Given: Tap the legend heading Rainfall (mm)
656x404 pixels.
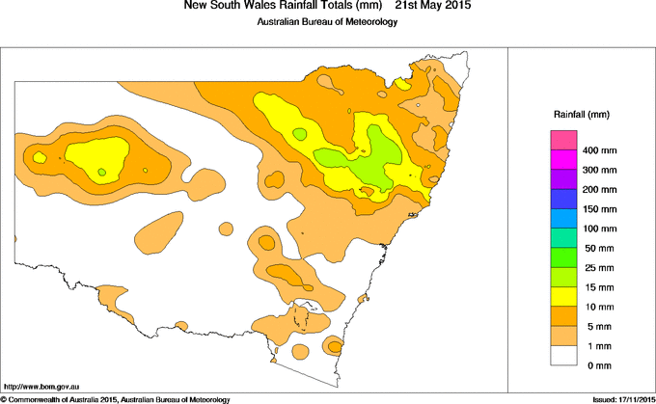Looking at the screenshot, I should tap(582, 115).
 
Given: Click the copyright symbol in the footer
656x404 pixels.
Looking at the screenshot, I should tap(4, 399).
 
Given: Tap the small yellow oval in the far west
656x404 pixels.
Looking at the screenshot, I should tap(40, 156).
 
